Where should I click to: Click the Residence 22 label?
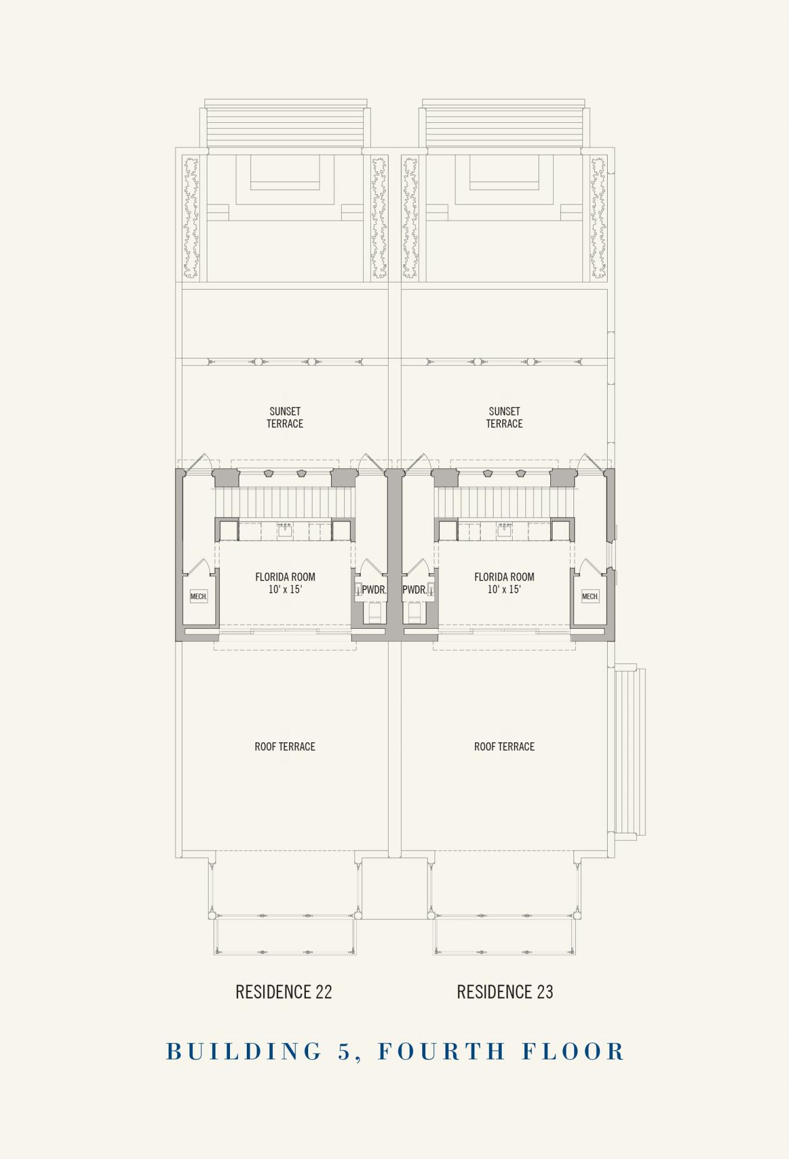284,992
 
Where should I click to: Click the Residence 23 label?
505,992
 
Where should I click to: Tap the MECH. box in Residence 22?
199,596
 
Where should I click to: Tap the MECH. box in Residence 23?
590,596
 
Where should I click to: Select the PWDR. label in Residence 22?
374,590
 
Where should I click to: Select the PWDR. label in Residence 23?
415,590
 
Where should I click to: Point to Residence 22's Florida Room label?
285,577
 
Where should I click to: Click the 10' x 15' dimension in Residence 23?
504,589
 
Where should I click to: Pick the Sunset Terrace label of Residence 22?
285,417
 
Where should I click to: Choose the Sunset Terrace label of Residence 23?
505,417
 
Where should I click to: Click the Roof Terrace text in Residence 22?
285,746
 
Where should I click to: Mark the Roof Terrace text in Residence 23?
505,746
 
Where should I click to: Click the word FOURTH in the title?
443,1051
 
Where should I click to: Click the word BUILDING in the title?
244,1051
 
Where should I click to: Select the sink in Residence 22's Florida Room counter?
284,530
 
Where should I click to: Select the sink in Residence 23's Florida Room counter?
505,530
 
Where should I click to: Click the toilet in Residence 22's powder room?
375,612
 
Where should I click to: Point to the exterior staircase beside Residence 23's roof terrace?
630,752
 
